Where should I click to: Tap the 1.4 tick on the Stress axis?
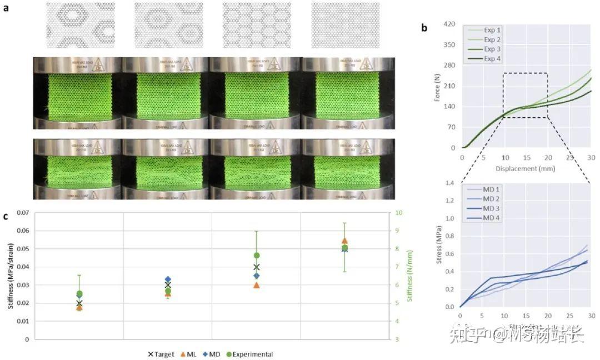pos(450,183)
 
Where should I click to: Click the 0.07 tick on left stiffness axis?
pos(22,213)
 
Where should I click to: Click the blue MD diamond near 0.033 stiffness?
pos(168,279)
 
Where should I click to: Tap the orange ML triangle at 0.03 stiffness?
pos(256,285)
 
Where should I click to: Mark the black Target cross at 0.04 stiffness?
pos(256,267)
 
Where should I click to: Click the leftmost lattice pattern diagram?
pos(79,26)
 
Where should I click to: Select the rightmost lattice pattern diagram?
pos(344,26)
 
